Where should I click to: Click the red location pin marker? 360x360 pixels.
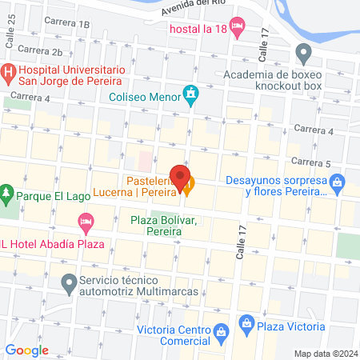[x=180, y=174]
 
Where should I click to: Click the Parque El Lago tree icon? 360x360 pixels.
[x=6, y=193]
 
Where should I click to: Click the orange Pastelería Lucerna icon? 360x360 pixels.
[x=188, y=189]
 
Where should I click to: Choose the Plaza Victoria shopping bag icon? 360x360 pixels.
[x=246, y=326]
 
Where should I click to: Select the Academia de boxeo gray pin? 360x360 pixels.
[x=303, y=54]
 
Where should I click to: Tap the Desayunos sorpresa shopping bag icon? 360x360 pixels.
[x=338, y=185]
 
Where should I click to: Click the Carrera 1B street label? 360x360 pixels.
[x=67, y=24]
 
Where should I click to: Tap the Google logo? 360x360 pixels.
[x=26, y=350]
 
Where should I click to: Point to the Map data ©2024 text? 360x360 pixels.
[x=325, y=354]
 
